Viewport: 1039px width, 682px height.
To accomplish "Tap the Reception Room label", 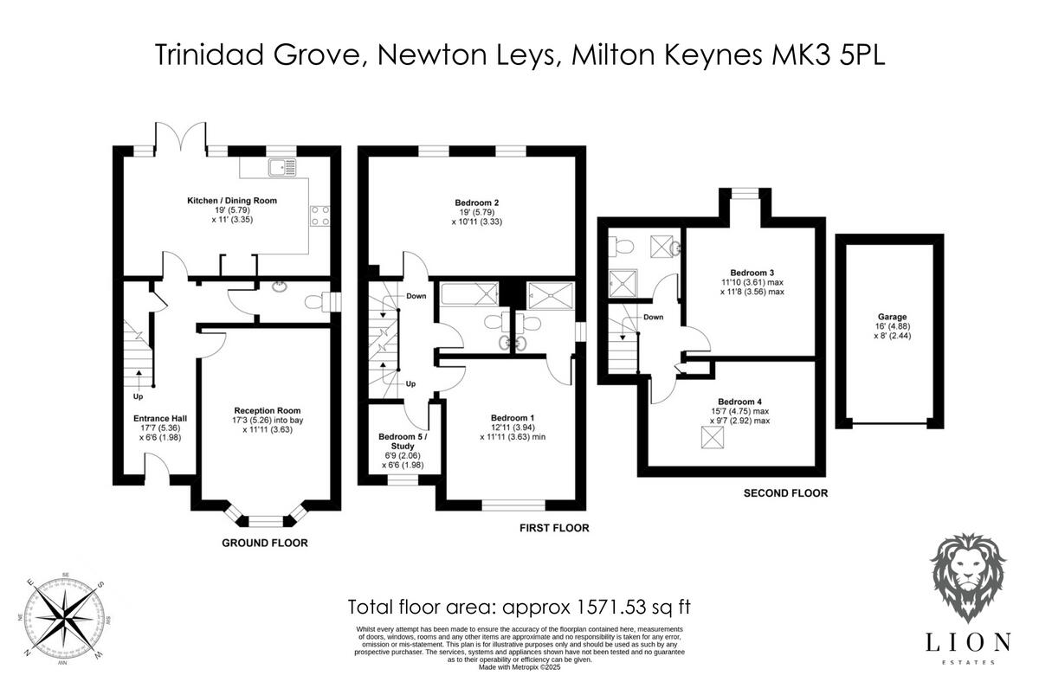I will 267,410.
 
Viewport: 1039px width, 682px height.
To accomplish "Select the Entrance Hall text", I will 155,418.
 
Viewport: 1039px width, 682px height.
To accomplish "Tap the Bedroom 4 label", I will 740,402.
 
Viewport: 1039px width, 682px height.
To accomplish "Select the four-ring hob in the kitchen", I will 318,214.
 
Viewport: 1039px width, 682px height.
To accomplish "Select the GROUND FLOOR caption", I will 265,544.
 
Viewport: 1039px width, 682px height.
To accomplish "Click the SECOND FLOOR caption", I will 785,493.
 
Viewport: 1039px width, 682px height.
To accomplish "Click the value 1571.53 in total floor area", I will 595,606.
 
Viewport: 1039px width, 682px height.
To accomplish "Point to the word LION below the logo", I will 968,641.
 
